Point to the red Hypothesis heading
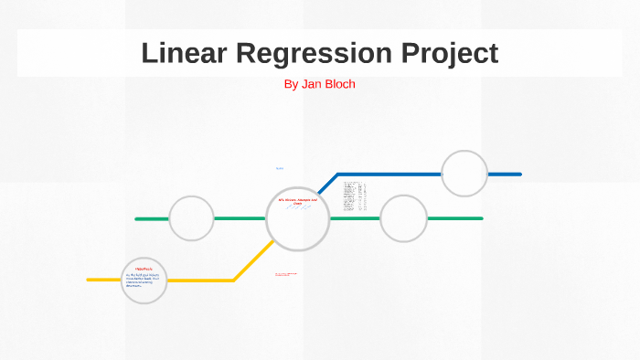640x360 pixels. [144, 269]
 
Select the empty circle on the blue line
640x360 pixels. [464, 174]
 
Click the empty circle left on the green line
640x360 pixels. [191, 218]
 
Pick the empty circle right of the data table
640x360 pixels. [403, 218]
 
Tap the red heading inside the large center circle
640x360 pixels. [297, 201]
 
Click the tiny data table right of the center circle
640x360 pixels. [355, 196]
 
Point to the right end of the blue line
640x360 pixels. [519, 174]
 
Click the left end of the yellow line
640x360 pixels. [89, 280]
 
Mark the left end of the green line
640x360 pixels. [136, 218]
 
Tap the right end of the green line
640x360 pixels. [481, 218]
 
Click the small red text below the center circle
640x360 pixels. [286, 274]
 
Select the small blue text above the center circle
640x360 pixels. [280, 169]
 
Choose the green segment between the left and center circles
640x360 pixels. [240, 218]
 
